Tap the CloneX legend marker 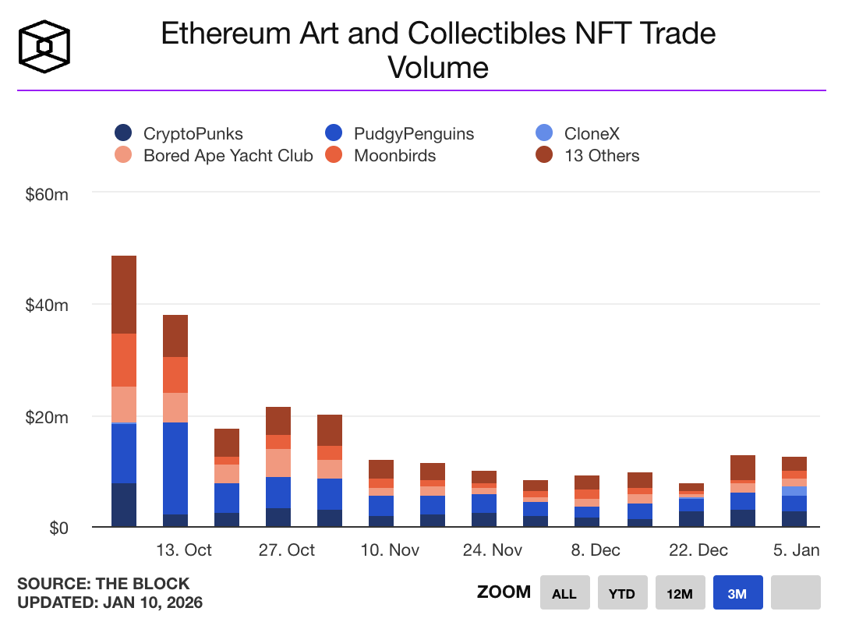(x=546, y=133)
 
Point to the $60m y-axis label (x=48, y=194)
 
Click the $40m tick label (x=48, y=306)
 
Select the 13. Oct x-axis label (x=184, y=550)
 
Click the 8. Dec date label (x=596, y=550)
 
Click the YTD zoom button (x=621, y=593)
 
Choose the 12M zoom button (x=680, y=593)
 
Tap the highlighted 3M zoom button (x=737, y=593)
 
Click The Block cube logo (x=44, y=44)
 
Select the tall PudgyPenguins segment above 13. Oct (x=175, y=468)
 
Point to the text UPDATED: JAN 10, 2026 (x=110, y=603)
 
